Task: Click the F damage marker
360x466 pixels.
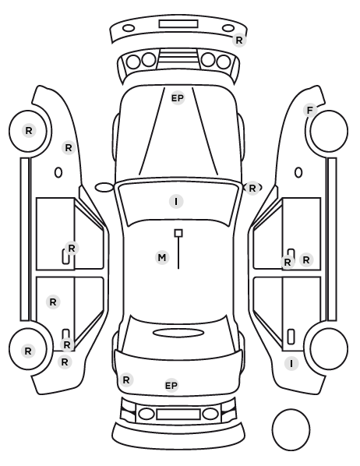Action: (x=310, y=111)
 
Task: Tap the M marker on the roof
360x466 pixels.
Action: (x=162, y=257)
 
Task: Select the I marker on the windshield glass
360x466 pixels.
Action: (x=176, y=202)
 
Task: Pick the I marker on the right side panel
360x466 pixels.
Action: (x=291, y=363)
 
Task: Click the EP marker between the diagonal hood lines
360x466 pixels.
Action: (x=178, y=98)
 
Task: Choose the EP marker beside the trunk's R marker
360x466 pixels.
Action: (x=171, y=386)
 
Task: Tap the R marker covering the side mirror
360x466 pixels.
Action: (x=252, y=188)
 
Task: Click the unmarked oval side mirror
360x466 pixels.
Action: (x=104, y=188)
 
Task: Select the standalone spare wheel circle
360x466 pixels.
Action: (x=291, y=429)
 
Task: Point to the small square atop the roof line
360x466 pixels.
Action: (x=178, y=233)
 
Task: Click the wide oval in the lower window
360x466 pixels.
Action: (x=178, y=333)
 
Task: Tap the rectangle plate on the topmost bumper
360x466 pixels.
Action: (x=178, y=24)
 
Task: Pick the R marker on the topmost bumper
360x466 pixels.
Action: (x=239, y=40)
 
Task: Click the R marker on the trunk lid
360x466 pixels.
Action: (x=126, y=380)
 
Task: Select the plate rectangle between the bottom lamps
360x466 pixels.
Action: (x=178, y=415)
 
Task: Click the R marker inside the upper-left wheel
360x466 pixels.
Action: (x=29, y=130)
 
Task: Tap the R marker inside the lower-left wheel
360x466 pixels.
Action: (x=28, y=351)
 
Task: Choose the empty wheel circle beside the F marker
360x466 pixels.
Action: (x=329, y=131)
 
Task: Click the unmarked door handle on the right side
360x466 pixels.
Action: (x=291, y=337)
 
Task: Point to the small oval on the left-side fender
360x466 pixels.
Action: (x=58, y=172)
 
